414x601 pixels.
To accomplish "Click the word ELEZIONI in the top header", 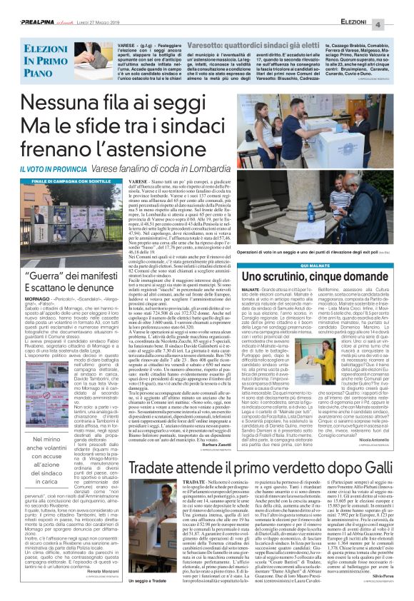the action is point(355,6).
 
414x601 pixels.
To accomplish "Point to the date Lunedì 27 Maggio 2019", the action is point(94,6).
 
